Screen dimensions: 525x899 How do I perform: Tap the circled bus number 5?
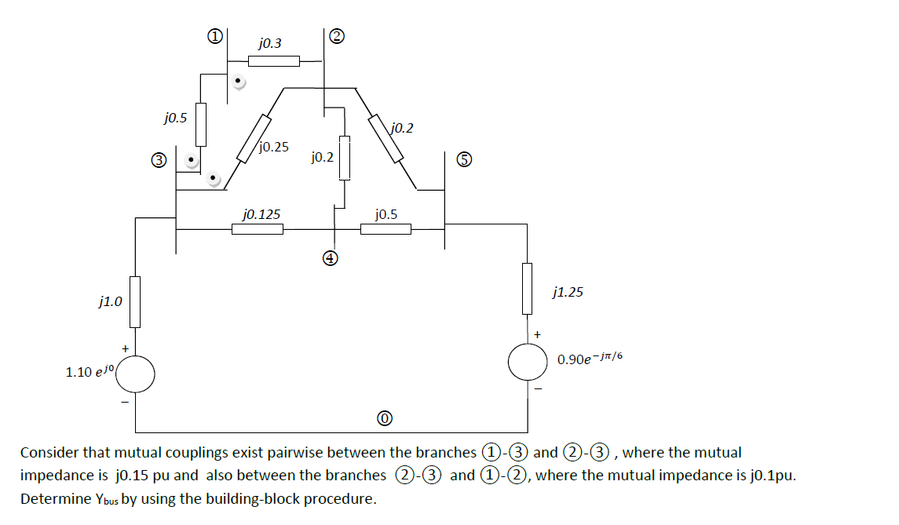point(465,160)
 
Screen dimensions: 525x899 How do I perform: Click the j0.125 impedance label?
point(261,213)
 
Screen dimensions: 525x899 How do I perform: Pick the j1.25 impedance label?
point(568,293)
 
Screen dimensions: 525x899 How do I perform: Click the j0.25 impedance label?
point(272,147)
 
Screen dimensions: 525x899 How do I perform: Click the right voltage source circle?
point(528,361)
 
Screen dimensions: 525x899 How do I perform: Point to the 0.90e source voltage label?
point(590,359)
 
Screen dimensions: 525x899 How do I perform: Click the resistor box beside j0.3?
point(273,61)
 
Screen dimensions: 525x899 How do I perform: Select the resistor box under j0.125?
point(257,229)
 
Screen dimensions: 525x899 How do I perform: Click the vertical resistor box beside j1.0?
point(135,301)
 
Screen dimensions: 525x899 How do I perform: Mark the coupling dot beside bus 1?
point(239,81)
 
